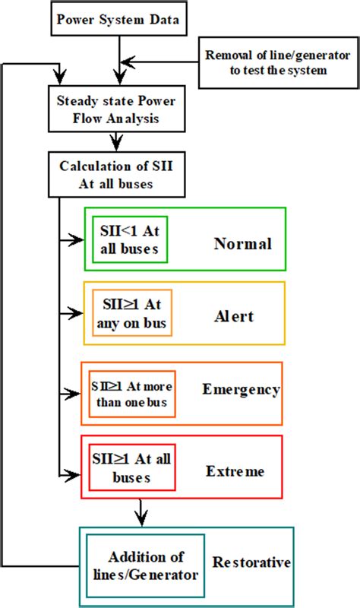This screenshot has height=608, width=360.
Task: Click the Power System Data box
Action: pos(118,19)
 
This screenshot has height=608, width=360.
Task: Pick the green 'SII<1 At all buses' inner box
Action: pos(130,238)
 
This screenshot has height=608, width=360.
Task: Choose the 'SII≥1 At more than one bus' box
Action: pos(132,394)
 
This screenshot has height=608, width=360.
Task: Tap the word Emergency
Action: pos(241,390)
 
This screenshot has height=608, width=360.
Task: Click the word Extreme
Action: pos(235,471)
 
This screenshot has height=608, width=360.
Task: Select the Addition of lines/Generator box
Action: pos(144,565)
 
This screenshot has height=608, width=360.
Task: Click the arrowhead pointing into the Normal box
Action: pos(77,239)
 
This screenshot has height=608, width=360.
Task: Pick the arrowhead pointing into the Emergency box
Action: pos(75,394)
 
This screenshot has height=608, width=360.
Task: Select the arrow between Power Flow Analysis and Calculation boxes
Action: pos(115,141)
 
